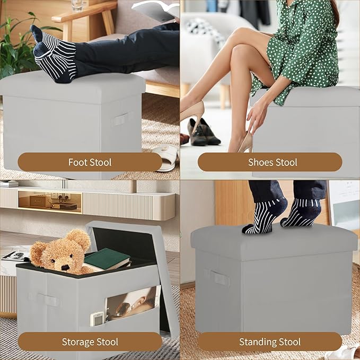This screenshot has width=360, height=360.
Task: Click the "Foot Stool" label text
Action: (x=90, y=162)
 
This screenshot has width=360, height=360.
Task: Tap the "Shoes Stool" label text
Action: (x=273, y=162)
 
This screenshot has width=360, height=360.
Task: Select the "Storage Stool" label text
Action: (x=90, y=342)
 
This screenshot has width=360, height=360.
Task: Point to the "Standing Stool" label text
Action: (x=270, y=342)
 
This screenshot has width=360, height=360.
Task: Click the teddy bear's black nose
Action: (x=65, y=267)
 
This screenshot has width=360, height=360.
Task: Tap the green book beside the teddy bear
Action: (x=106, y=259)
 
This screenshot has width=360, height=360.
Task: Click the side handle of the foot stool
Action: (x=119, y=120)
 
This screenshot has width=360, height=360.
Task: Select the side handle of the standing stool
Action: (x=219, y=278)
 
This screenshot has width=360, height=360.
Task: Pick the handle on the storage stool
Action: (x=49, y=300)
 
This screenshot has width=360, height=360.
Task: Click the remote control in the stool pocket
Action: (x=96, y=319)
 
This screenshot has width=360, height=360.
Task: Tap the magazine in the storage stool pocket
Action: (x=132, y=303)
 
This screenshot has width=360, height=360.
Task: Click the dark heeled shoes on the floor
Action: (x=203, y=133)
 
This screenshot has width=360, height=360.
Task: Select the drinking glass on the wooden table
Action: (x=77, y=5)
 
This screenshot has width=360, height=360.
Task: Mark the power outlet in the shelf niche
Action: (x=60, y=196)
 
